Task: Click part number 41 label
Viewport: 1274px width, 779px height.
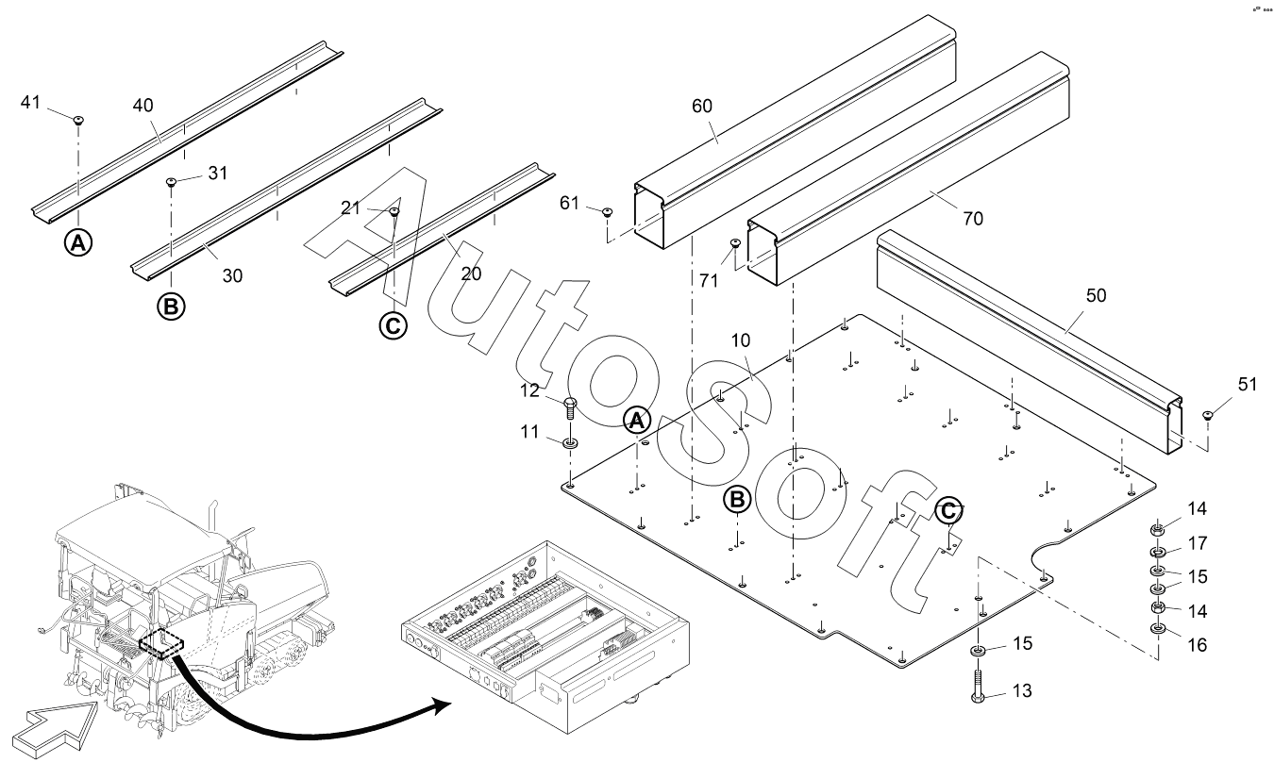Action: (31, 102)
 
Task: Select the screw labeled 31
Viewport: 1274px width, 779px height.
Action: (171, 182)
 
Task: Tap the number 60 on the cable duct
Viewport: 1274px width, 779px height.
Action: (702, 106)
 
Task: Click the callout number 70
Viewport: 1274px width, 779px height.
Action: (973, 218)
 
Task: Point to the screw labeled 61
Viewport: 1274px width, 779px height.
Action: (608, 212)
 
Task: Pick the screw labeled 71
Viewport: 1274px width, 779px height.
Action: (735, 243)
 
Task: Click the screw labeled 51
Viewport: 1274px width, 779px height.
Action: (1208, 415)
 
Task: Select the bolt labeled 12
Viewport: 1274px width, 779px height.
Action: (570, 408)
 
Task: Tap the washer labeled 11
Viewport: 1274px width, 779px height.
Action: (570, 442)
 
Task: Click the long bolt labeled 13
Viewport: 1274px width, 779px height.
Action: (979, 687)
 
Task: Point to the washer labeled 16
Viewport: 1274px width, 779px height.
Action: (1157, 629)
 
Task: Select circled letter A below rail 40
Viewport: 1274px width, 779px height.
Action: (78, 242)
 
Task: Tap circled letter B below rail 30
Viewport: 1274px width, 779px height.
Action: (171, 307)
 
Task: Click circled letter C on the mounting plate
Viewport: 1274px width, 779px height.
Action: (948, 511)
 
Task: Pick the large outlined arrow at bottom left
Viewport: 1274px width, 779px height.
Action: (54, 730)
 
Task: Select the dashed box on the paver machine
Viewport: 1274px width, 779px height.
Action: (161, 644)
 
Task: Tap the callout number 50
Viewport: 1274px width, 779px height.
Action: (1096, 295)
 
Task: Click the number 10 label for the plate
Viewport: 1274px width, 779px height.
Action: (740, 340)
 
